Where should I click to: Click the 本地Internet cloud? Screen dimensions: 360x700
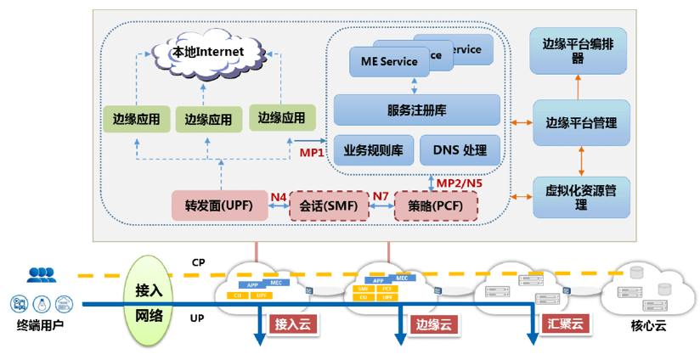(208, 53)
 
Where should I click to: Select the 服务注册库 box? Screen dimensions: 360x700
(416, 110)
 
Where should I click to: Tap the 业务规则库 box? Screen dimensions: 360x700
(373, 150)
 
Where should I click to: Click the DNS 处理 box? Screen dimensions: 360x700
(460, 150)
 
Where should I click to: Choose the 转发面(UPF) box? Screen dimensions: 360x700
(220, 206)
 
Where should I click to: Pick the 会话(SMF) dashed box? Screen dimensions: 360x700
(329, 206)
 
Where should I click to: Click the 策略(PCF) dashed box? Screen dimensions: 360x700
(437, 206)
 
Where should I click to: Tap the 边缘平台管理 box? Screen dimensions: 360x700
(581, 122)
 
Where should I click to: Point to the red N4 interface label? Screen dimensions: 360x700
(279, 198)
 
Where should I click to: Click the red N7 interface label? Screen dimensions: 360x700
(381, 198)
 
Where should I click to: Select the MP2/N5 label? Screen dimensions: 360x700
(459, 182)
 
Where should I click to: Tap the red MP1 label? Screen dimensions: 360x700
(312, 153)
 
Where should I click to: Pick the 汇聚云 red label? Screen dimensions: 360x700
(563, 323)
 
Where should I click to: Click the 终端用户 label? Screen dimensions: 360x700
(41, 325)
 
